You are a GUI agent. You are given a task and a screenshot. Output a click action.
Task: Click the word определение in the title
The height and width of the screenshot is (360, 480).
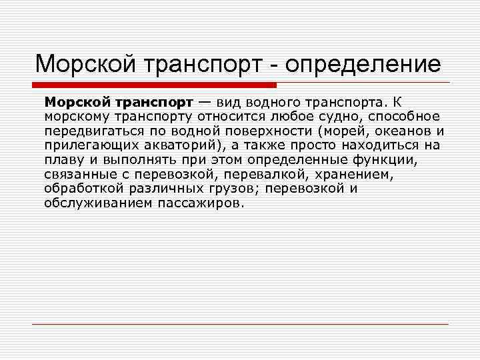(361, 65)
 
